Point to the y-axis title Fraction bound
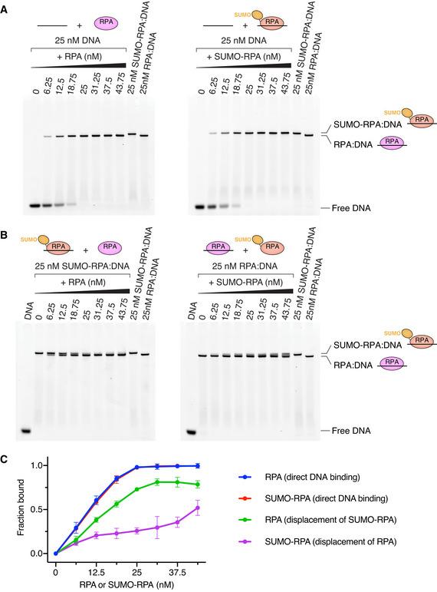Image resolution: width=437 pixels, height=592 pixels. click(9, 509)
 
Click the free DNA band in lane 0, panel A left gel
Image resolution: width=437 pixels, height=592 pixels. click(34, 206)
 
